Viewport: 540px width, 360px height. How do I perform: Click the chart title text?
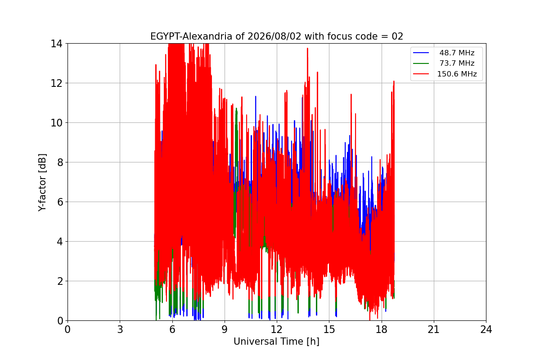276,36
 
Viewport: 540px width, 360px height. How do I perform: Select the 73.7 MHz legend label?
457,63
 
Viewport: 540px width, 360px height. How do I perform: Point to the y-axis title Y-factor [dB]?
42,182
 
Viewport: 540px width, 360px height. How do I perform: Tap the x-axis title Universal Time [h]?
276,342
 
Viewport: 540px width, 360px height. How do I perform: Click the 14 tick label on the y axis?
56,44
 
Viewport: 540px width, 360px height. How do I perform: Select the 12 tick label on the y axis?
56,83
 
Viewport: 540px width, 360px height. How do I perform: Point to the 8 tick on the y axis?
60,162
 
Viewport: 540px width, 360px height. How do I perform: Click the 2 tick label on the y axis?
60,281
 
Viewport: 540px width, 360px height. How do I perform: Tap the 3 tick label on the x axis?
120,329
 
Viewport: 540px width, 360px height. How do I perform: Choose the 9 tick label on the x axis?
225,329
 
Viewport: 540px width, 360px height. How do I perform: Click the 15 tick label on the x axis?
329,329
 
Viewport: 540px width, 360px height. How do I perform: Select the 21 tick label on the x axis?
434,329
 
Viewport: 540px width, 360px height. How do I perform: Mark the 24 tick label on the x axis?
486,329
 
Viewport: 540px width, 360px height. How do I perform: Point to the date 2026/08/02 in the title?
274,36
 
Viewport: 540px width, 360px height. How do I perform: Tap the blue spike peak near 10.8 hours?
256,96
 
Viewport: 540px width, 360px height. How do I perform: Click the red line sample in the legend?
421,74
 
